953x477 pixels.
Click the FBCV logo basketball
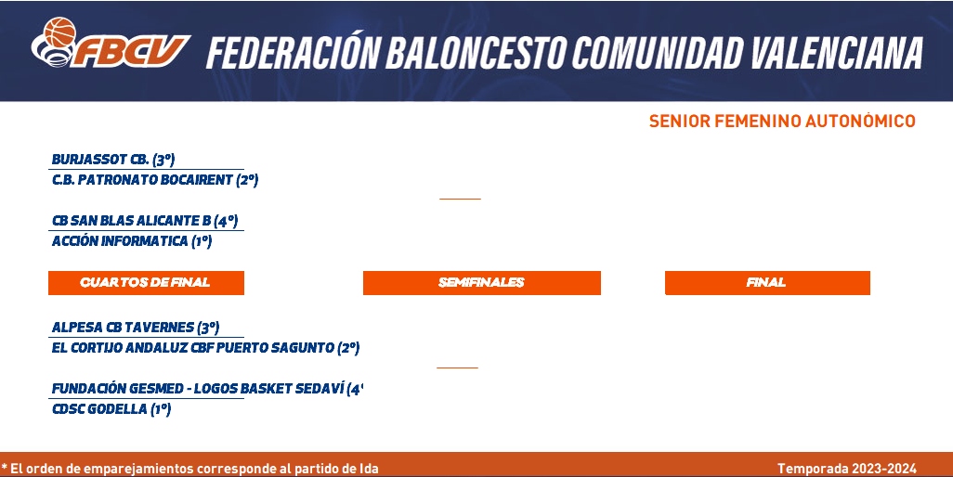pos(59,32)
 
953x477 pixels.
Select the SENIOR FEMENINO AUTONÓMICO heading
pos(782,122)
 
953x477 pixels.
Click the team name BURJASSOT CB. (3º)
pos(113,160)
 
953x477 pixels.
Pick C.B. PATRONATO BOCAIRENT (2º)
pos(155,180)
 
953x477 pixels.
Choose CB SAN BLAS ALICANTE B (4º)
pos(145,221)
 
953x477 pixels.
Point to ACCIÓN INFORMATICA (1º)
pos(132,241)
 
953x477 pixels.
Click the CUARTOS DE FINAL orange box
pos(146,283)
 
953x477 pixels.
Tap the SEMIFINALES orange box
pos(481,283)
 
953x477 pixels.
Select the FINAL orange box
pos(767,283)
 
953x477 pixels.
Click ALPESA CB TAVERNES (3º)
pos(136,328)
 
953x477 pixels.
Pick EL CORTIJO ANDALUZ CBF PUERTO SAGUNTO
pos(205,348)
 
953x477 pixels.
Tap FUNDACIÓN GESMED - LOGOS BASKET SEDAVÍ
pos(207,389)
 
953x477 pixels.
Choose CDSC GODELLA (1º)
pos(111,409)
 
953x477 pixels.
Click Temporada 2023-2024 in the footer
pos(846,469)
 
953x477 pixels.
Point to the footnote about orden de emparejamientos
pos(190,469)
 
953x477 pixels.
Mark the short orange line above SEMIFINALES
pos(460,199)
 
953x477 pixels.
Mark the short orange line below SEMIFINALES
pos(457,367)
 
